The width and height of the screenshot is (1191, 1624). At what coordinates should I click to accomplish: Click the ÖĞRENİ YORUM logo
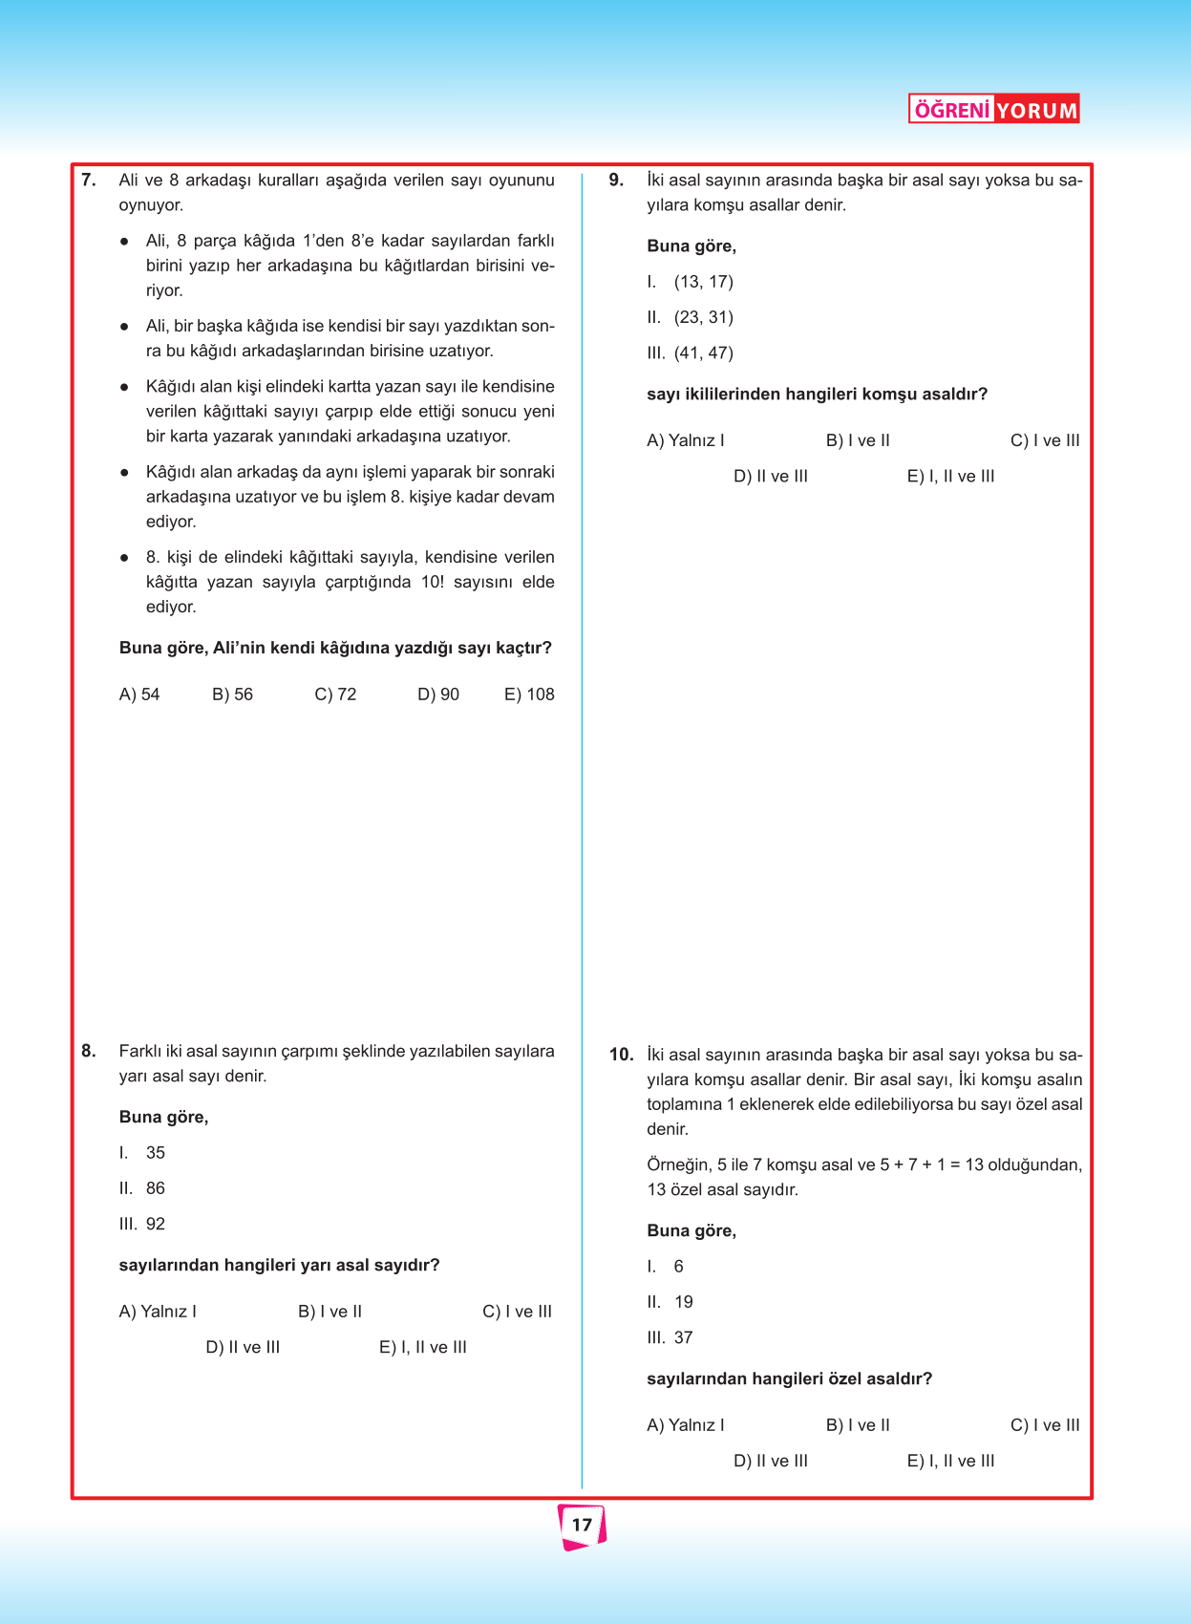(x=993, y=110)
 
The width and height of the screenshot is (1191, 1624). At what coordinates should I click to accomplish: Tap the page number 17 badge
(x=582, y=1525)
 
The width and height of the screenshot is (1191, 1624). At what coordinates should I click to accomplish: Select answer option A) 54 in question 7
(x=139, y=694)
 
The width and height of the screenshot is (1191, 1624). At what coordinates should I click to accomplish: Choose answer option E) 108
(x=529, y=694)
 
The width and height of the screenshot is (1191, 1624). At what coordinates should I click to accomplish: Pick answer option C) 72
(x=335, y=694)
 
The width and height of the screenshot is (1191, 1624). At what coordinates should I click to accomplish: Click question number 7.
(x=89, y=181)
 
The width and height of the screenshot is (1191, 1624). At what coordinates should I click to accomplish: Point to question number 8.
(x=89, y=1052)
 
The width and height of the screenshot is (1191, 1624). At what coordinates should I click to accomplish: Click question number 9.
(x=617, y=181)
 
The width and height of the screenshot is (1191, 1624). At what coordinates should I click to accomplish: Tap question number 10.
(x=621, y=1056)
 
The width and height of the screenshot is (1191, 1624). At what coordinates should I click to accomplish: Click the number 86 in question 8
(x=156, y=1188)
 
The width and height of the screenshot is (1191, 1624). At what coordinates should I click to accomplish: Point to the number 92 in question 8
(x=156, y=1224)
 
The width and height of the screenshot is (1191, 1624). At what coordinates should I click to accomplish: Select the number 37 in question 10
(x=683, y=1337)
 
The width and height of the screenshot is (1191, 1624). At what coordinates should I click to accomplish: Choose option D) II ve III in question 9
(x=771, y=477)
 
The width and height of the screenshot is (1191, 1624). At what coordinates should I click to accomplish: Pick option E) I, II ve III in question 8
(x=423, y=1348)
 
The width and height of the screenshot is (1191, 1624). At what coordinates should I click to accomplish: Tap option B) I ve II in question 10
(x=858, y=1425)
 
